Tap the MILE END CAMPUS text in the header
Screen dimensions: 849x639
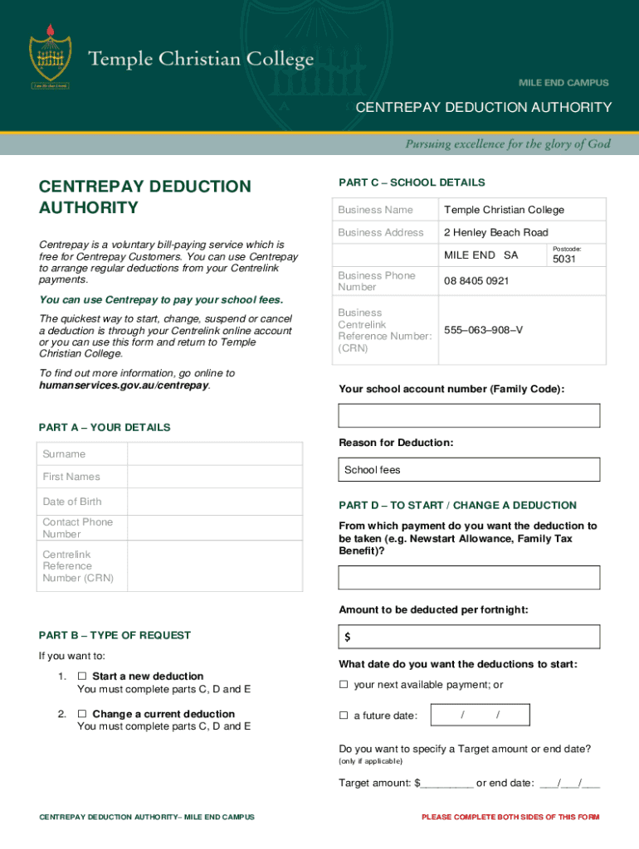pyautogui.click(x=563, y=83)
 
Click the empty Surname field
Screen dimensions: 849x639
pyautogui.click(x=214, y=454)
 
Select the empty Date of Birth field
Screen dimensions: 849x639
pyautogui.click(x=214, y=502)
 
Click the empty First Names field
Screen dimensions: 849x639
pyautogui.click(x=214, y=477)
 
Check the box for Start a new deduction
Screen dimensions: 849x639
pyautogui.click(x=82, y=677)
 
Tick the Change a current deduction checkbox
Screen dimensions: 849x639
pyautogui.click(x=82, y=714)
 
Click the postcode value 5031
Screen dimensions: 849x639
pyautogui.click(x=563, y=260)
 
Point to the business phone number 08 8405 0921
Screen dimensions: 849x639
pyautogui.click(x=476, y=281)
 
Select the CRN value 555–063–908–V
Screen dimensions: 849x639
pyautogui.click(x=483, y=330)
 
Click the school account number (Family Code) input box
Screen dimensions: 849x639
pyautogui.click(x=469, y=415)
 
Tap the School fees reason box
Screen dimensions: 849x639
pyautogui.click(x=469, y=470)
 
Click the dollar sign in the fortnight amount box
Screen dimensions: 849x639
pyautogui.click(x=348, y=638)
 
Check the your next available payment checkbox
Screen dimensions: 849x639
pyautogui.click(x=344, y=685)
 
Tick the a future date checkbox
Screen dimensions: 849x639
pyautogui.click(x=344, y=716)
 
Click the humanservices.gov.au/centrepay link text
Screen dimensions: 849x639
pyautogui.click(x=124, y=386)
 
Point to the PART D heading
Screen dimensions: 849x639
pyautogui.click(x=457, y=505)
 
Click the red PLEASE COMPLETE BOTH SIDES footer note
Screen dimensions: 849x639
pyautogui.click(x=510, y=817)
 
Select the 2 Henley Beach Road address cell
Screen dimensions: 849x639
pyautogui.click(x=495, y=232)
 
